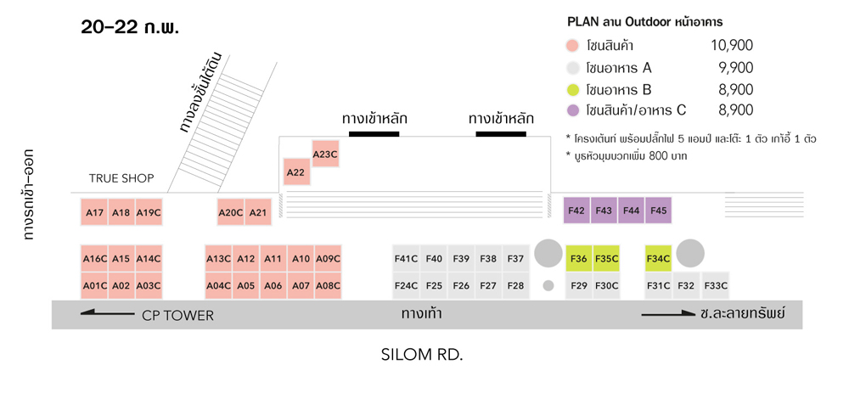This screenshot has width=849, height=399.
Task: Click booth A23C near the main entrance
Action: pos(325,154)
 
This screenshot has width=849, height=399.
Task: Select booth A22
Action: pos(295,172)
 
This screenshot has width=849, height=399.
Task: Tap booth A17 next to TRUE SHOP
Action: pos(94,212)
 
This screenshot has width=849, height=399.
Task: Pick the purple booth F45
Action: pos(658,211)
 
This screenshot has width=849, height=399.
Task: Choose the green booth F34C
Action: pos(658,259)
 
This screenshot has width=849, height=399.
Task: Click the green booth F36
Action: pos(579,259)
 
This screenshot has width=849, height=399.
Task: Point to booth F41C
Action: pos(406,259)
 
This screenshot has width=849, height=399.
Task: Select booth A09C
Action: pos(327,259)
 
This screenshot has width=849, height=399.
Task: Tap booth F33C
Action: pos(716,286)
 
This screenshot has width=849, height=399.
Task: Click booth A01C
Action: pos(94,286)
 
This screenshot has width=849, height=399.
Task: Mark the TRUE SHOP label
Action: pos(121,178)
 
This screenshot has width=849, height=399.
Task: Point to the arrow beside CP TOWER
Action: pos(107,315)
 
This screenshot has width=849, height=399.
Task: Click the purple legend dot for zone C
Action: pos(573,110)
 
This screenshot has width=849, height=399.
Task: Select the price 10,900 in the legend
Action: pos(731,46)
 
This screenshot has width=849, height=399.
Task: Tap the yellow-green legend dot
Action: pos(573,89)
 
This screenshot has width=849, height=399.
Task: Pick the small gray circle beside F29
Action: pos(548,285)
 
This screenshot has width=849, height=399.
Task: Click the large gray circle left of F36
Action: pos(548,253)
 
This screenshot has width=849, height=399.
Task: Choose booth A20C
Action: pos(231,212)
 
